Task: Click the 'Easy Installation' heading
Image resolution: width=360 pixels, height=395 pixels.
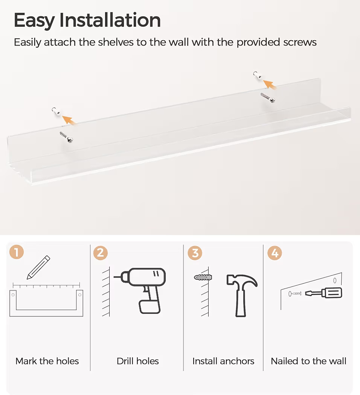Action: point(87,20)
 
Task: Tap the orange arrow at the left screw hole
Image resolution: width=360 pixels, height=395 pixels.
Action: point(69,120)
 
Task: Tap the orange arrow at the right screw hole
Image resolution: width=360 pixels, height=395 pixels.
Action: point(270,84)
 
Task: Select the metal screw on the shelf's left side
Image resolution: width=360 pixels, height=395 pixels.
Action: point(66,137)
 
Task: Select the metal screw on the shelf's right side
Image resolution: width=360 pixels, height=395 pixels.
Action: point(268,98)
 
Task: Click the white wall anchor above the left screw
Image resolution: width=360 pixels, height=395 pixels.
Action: point(56,111)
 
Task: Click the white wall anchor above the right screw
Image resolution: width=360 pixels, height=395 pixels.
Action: point(258,75)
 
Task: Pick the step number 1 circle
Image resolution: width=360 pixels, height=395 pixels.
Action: point(17,252)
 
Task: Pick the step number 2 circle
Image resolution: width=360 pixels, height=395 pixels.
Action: point(100,253)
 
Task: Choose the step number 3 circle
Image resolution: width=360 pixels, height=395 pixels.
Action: point(195,253)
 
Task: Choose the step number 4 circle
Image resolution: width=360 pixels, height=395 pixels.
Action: point(275,253)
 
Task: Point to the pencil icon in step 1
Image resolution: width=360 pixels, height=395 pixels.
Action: point(38,267)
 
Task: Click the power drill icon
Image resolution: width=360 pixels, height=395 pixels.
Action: point(140,290)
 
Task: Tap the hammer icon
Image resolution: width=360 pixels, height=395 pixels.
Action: point(241,295)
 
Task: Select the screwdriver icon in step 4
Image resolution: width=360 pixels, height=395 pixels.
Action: point(324,293)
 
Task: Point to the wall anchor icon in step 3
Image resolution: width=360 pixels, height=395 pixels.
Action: point(203,277)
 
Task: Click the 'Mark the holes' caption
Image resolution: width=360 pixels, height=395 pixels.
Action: point(47,361)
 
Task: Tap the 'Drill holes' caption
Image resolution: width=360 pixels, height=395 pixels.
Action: point(138,361)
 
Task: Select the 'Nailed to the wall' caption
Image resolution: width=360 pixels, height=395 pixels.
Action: point(308,361)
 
